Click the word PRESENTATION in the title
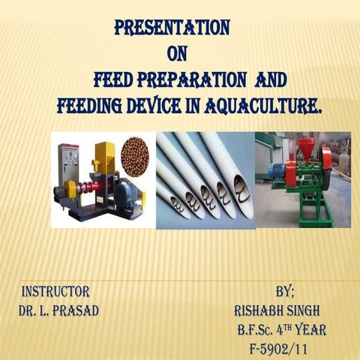(172, 28)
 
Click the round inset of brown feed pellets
(135, 157)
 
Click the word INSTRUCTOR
(56, 291)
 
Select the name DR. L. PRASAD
(58, 310)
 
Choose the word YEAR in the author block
(310, 330)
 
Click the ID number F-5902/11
(282, 349)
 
